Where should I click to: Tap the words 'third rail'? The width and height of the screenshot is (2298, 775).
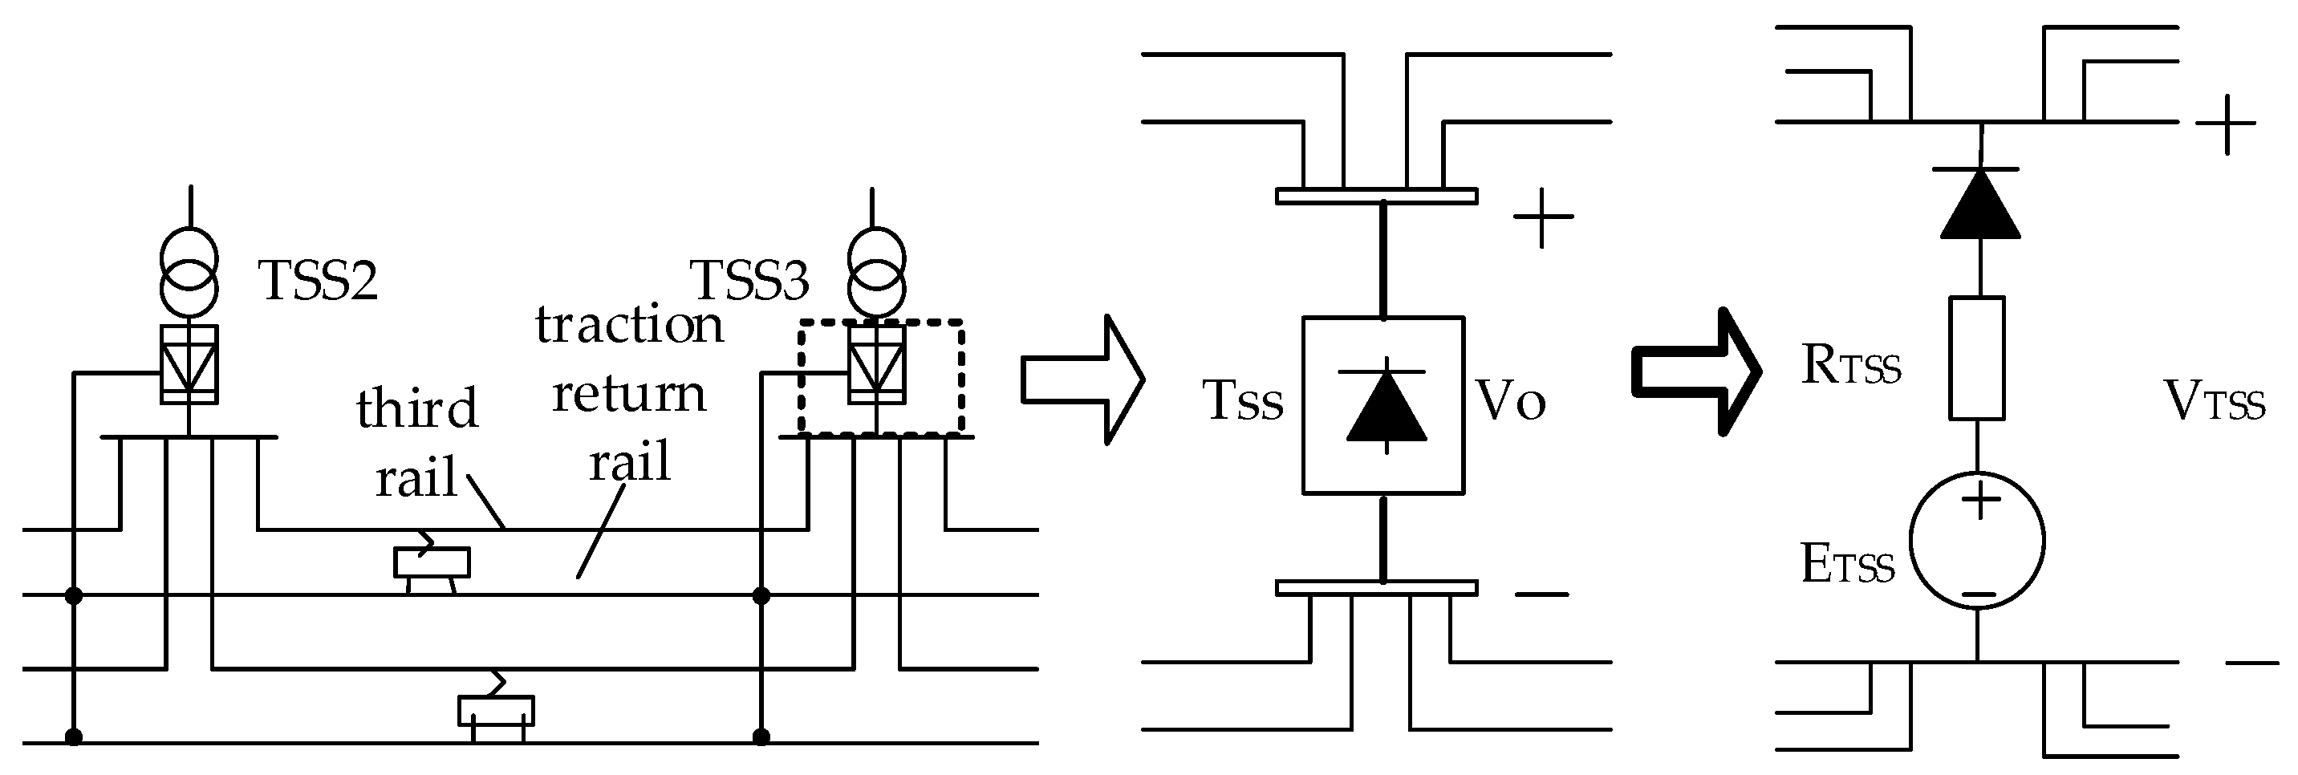pyautogui.click(x=416, y=442)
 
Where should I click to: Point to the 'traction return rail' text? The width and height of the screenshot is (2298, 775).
pyautogui.click(x=629, y=392)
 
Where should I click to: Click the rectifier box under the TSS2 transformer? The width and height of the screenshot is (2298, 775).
pyautogui.click(x=189, y=364)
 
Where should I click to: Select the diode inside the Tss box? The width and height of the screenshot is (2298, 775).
pyautogui.click(x=1386, y=406)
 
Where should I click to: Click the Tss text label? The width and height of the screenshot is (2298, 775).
pyautogui.click(x=1243, y=400)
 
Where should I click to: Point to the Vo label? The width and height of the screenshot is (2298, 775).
pyautogui.click(x=1510, y=400)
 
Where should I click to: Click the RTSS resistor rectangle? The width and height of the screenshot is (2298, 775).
pyautogui.click(x=1977, y=358)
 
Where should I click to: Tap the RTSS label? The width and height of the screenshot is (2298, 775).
pyautogui.click(x=1850, y=366)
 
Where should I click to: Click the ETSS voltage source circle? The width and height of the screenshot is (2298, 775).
pyautogui.click(x=1977, y=541)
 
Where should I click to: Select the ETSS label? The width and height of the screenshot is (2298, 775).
pyautogui.click(x=1846, y=566)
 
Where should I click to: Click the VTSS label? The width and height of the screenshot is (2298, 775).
pyautogui.click(x=2214, y=402)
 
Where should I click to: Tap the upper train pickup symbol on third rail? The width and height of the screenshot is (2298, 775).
pyautogui.click(x=432, y=561)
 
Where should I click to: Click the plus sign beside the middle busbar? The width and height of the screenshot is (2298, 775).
pyautogui.click(x=1542, y=217)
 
